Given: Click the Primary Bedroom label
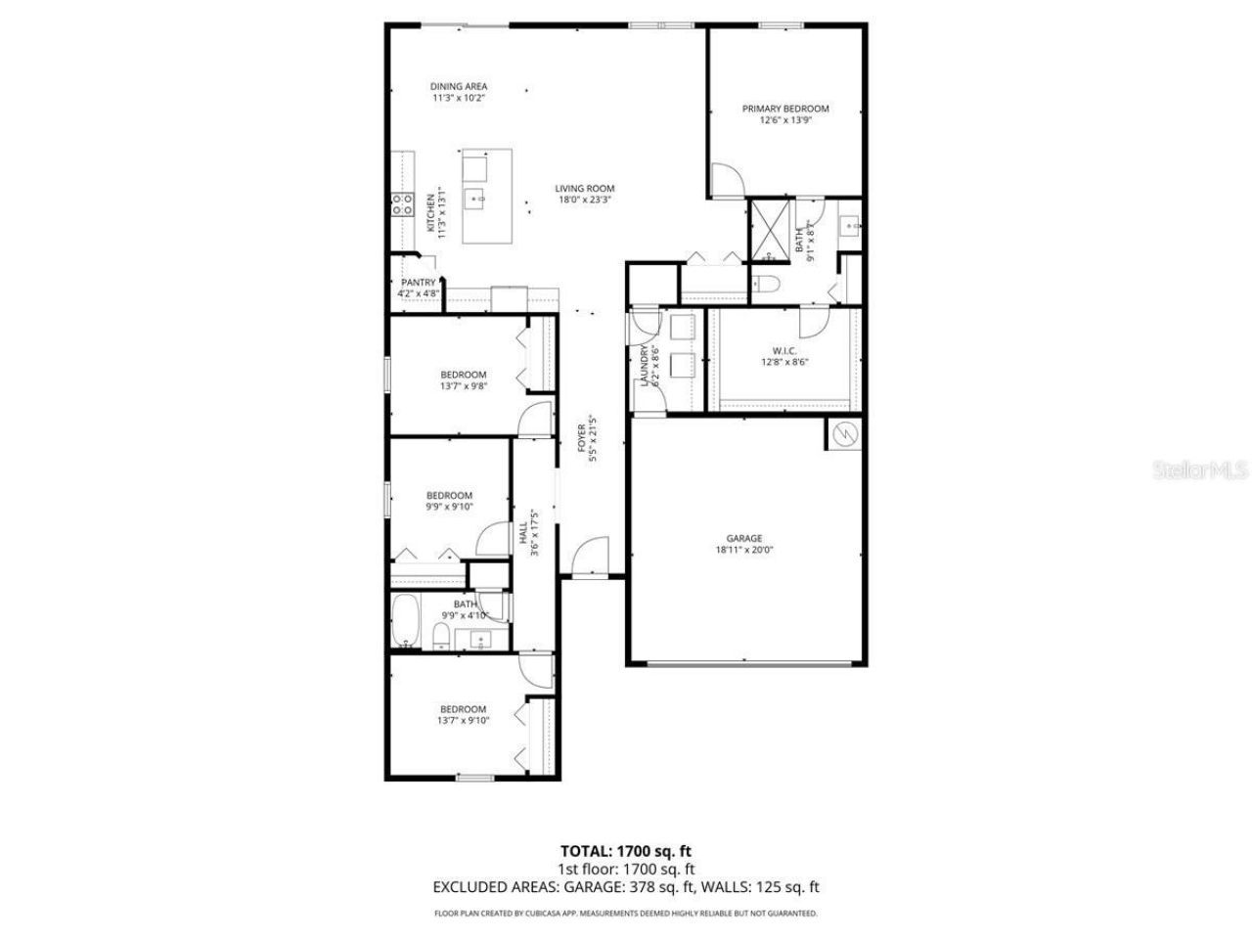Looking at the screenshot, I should [785, 109].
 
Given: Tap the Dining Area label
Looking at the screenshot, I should [459, 86].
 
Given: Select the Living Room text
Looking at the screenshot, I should [585, 189].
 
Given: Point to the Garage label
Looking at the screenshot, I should [743, 538].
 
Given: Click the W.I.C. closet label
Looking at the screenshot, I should [784, 349].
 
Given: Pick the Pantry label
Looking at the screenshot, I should [418, 283].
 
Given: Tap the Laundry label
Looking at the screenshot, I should [644, 364].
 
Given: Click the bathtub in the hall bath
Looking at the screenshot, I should [405, 621].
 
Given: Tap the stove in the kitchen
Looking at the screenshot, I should [401, 204].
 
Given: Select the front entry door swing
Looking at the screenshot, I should [589, 558].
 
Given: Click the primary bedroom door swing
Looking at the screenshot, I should [726, 180].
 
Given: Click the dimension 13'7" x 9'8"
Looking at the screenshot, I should [463, 386].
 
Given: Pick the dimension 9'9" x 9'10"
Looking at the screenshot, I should [449, 507].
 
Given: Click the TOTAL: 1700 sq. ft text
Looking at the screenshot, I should [626, 850].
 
